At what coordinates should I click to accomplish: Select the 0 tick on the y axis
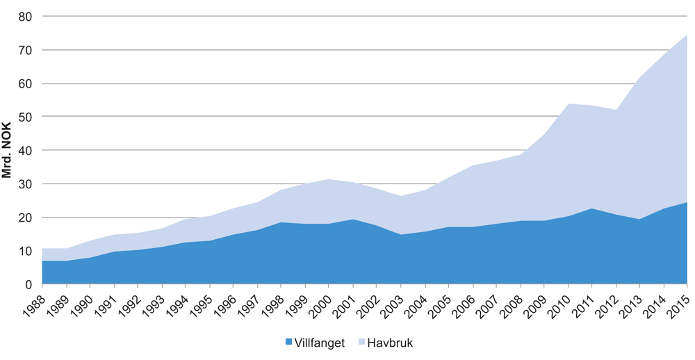[30, 284]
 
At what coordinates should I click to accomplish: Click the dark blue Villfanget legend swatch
[289, 343]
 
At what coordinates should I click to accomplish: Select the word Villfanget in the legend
[320, 343]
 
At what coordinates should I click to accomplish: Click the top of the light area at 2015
[687, 35]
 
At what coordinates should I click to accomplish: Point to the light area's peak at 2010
[568, 104]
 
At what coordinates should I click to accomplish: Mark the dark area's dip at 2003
[400, 235]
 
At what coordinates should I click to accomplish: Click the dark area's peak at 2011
[591, 208]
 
